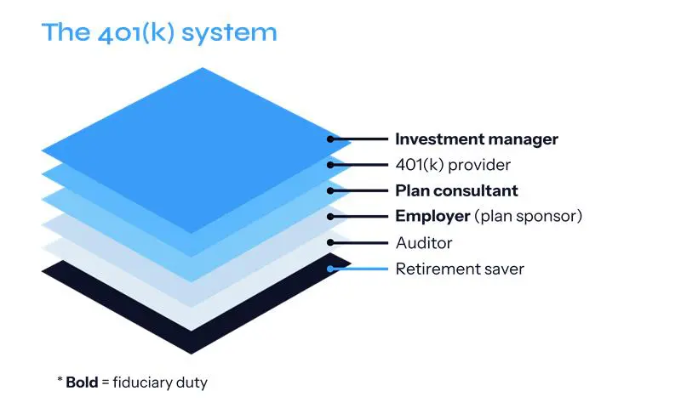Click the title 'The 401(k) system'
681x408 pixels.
159,33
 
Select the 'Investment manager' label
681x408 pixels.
477,139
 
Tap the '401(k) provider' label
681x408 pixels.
452,165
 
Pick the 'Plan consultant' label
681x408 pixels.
456,190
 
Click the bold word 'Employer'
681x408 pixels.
432,217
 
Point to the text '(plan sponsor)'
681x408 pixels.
529,217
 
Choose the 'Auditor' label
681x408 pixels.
424,243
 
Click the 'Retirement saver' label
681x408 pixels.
460,269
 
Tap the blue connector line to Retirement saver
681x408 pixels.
361,269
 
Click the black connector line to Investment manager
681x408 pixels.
361,139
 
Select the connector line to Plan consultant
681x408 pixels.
361,190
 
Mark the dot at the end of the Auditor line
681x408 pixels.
330,243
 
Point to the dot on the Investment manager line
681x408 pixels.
330,139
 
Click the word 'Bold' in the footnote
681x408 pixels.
83,382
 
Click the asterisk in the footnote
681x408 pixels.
60,381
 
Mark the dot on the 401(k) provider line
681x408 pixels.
330,165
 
